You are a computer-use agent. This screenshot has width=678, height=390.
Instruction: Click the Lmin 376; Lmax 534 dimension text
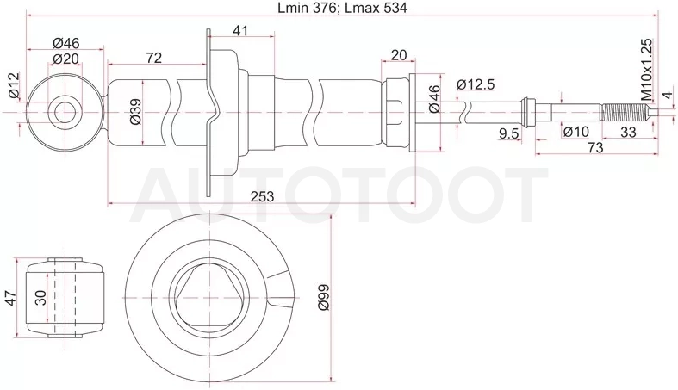point(342,8)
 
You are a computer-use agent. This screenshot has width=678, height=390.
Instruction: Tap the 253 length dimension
point(263,196)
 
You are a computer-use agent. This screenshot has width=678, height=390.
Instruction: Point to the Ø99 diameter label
point(324,297)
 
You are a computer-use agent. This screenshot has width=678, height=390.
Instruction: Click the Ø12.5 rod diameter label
point(476,84)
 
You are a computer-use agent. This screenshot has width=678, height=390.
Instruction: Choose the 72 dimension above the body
point(153,58)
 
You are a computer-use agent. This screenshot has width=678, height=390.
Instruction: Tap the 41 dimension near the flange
point(241,31)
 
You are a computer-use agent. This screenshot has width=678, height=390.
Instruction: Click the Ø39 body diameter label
point(135,111)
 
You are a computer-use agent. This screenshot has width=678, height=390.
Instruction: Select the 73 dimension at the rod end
point(595,147)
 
